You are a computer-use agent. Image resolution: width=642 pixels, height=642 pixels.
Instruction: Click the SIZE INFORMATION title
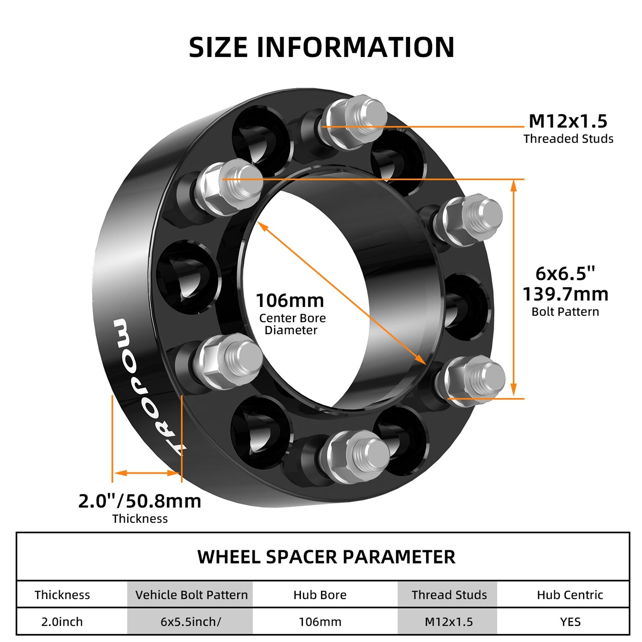[321, 47]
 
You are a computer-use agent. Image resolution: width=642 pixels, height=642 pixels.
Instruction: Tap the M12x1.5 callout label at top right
[568, 121]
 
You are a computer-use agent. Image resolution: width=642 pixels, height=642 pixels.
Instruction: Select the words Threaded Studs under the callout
[568, 139]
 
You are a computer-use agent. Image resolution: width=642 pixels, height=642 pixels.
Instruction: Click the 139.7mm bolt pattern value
[565, 294]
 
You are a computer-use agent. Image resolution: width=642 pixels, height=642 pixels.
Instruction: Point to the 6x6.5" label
[565, 273]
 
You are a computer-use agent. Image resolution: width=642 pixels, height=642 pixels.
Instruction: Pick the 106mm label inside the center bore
[290, 300]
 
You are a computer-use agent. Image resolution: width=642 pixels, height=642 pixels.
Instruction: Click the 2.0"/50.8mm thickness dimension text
[140, 501]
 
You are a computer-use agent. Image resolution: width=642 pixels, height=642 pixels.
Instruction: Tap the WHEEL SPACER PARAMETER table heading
[326, 557]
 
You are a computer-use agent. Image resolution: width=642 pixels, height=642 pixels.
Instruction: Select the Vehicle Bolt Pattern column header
[191, 595]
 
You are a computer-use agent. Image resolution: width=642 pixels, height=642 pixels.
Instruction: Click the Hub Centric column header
[570, 595]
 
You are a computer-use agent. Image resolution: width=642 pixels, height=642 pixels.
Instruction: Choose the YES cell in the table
[570, 622]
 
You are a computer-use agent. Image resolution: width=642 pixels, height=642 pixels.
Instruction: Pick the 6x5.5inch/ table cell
[191, 622]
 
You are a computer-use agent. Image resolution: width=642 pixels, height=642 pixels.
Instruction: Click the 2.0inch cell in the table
[62, 622]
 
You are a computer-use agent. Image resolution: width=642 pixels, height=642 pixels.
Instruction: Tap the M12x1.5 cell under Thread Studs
[449, 622]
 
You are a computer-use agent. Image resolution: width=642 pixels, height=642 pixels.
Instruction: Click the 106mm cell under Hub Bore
[320, 622]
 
